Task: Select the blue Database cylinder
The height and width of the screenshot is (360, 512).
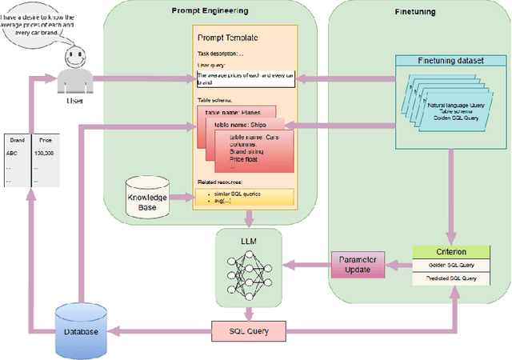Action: [81, 330]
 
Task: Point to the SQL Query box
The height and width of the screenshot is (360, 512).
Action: [249, 329]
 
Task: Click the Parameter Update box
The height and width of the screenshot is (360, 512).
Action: [358, 265]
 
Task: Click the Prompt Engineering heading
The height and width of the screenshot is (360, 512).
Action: [210, 10]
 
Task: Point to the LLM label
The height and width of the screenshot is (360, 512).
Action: [249, 241]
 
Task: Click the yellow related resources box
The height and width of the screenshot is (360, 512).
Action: [245, 196]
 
